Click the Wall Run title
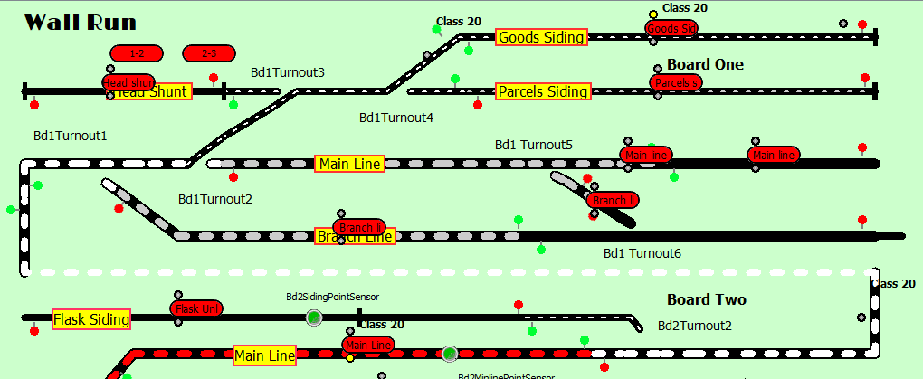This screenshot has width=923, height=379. click(81, 23)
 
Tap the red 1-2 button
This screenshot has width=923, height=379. click(137, 53)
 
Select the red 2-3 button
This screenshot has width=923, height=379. click(209, 53)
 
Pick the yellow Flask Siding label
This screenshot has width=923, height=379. click(90, 318)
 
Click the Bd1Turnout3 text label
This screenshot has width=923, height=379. click(287, 72)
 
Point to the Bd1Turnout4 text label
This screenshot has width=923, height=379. click(396, 118)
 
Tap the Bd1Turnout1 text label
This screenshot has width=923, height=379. click(71, 136)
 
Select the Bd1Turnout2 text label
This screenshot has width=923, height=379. click(214, 199)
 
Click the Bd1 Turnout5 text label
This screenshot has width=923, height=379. click(533, 145)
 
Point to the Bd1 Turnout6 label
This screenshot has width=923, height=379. click(642, 253)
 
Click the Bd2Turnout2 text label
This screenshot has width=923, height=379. click(694, 326)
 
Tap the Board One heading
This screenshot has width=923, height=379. click(705, 64)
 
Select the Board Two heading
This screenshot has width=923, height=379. click(706, 299)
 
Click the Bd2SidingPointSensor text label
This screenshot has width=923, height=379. click(332, 296)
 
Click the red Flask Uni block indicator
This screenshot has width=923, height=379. click(196, 308)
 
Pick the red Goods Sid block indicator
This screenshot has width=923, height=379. click(671, 28)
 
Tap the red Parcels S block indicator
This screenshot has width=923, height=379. click(676, 82)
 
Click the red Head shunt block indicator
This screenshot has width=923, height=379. click(128, 82)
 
